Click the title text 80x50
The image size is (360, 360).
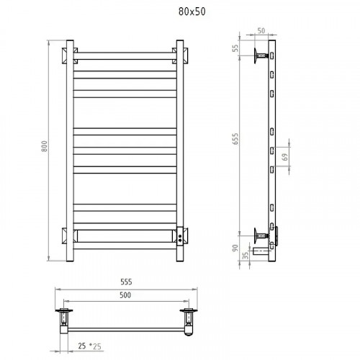click(x=192, y=12)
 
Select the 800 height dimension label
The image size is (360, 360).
click(x=45, y=146)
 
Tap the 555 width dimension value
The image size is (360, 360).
click(x=126, y=282)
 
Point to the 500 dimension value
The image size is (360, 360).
click(x=125, y=295)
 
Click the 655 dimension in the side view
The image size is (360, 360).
click(x=236, y=139)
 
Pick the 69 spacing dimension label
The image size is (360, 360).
click(x=285, y=157)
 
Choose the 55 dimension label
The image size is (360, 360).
click(x=236, y=48)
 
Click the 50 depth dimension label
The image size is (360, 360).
click(x=261, y=31)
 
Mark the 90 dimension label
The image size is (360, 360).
click(x=235, y=248)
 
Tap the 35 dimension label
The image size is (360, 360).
click(x=246, y=256)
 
